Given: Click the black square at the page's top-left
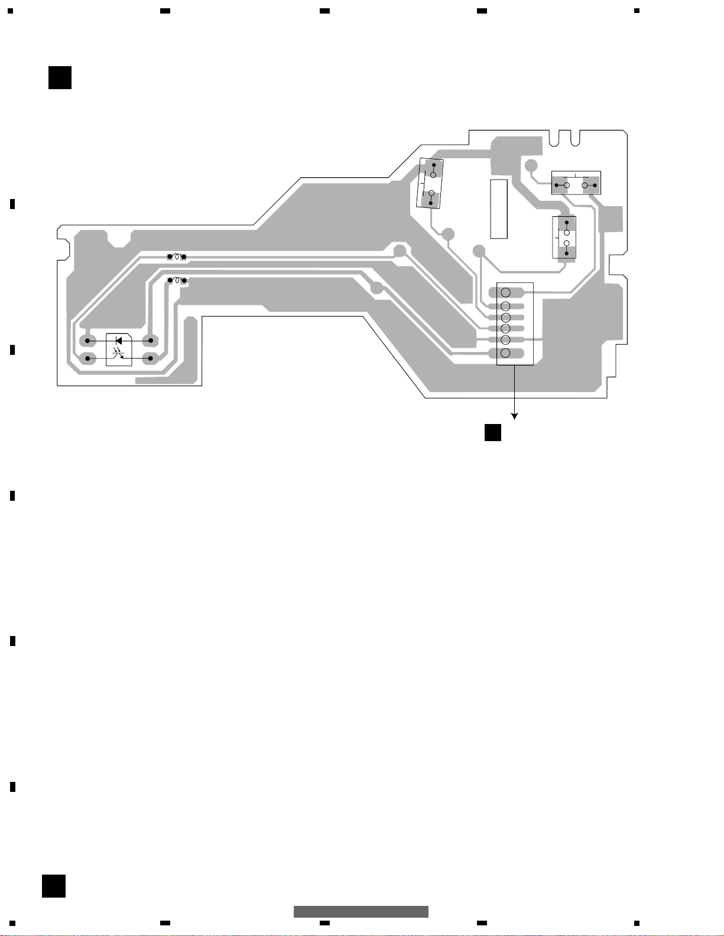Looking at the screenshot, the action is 60,78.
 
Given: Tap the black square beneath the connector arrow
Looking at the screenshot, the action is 493,432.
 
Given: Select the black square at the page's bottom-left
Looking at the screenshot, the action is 54,886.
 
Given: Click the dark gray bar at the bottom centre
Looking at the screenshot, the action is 361,911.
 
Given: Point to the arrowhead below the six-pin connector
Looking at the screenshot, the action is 515,416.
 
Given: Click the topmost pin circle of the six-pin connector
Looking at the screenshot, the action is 505,292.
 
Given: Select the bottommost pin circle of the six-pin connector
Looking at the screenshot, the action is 505,353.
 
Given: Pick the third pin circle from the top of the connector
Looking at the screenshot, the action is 505,318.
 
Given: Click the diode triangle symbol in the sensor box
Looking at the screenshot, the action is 119,341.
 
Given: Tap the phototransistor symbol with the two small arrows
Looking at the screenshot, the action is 119,355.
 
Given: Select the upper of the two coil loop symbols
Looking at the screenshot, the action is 176,256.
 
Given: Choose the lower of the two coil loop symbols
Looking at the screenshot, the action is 177,280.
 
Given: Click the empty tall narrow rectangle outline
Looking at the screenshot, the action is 499,208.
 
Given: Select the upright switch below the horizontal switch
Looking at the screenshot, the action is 564,237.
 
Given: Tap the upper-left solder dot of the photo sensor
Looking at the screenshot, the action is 87,341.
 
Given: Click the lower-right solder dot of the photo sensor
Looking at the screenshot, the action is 151,358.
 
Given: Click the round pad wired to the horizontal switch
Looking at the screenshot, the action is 531,165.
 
